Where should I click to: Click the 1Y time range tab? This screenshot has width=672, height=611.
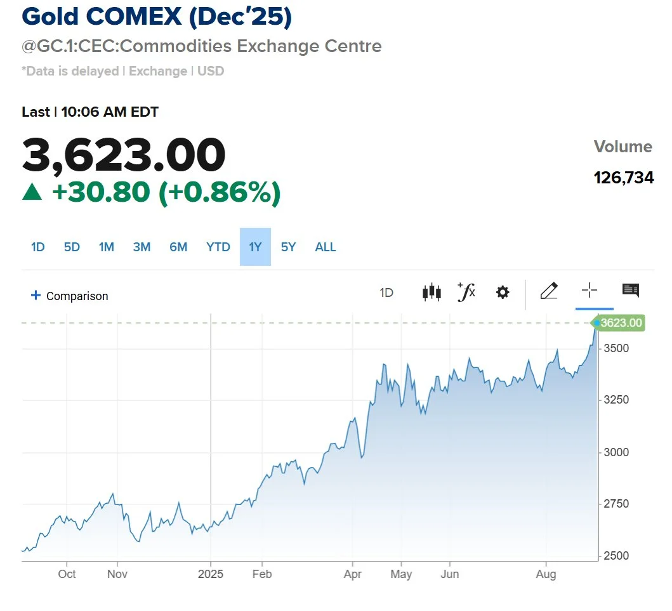[x=255, y=247]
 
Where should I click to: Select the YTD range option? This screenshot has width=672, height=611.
[x=218, y=247]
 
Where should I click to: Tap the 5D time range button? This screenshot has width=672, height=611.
[x=72, y=247]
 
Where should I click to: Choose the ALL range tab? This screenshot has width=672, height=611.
[x=326, y=247]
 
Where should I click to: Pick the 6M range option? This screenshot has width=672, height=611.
[x=178, y=247]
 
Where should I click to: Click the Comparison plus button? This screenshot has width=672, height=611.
[x=36, y=296]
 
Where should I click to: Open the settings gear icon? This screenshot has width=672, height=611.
[x=503, y=292]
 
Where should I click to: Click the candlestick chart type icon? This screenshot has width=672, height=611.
[x=432, y=292]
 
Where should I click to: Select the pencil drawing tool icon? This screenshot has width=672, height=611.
[x=548, y=291]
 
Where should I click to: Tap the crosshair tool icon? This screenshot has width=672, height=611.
[x=590, y=291]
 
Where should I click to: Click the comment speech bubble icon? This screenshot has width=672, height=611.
[x=630, y=291]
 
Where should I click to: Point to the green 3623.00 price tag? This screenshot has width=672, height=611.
[x=621, y=323]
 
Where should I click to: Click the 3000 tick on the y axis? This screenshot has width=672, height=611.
[x=616, y=452]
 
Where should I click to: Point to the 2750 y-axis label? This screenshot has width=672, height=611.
[x=616, y=504]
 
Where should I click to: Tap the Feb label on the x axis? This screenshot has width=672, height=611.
[x=262, y=574]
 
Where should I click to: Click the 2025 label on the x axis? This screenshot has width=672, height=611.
[x=211, y=574]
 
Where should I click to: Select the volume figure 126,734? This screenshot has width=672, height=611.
[x=624, y=178]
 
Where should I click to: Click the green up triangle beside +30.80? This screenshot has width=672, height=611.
[x=32, y=192]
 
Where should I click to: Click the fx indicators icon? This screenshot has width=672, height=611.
[x=466, y=292]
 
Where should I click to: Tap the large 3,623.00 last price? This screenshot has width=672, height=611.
[x=124, y=155]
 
